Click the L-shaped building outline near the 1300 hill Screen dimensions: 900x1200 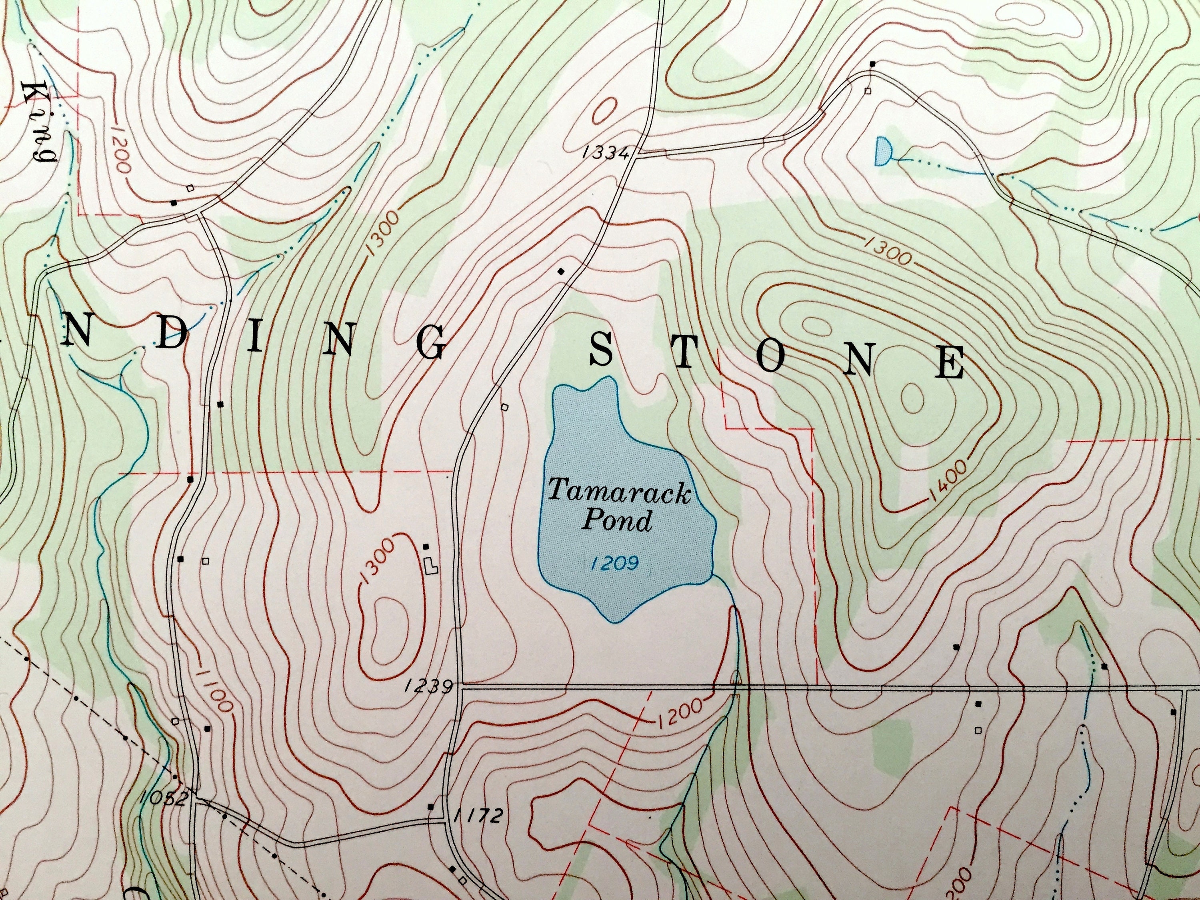(431, 567)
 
